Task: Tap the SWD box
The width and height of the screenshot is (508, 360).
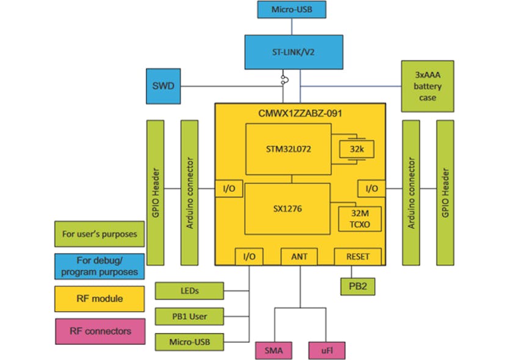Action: coord(163,86)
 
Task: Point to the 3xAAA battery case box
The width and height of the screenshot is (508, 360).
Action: coord(427,86)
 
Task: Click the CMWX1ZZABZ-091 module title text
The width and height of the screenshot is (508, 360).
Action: coord(299,113)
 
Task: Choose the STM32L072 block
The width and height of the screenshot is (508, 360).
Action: coord(288,149)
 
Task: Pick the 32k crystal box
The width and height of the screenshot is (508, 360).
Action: coord(355,148)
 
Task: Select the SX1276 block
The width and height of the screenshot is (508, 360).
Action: coord(288,208)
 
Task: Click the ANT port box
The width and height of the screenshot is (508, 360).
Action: coord(299,257)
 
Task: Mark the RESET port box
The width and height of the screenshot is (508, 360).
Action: coord(358,257)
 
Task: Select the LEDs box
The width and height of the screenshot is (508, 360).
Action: coord(189,291)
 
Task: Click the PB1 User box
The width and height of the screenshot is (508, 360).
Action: coord(189,317)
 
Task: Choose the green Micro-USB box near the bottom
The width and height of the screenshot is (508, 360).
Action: coord(189,342)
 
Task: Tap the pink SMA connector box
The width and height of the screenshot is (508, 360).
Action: coord(273,350)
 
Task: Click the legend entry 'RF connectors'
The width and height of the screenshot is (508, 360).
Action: coord(101,331)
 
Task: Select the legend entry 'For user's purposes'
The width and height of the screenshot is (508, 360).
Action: coord(100,234)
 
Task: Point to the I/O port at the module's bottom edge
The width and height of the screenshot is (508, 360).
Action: coord(249,257)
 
